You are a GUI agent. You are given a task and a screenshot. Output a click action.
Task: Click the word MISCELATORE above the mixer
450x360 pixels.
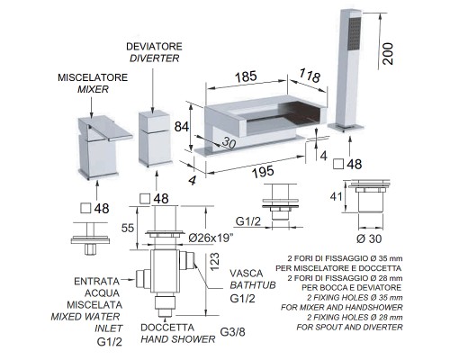(x=93, y=77)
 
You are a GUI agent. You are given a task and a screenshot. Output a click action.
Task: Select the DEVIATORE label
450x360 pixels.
(x=154, y=47)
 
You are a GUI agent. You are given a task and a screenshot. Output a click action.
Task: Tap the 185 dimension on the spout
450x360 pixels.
(x=246, y=76)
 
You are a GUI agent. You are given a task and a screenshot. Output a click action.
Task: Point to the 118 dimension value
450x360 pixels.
(x=310, y=75)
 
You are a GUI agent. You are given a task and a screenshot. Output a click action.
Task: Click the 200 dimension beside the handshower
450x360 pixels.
(x=388, y=53)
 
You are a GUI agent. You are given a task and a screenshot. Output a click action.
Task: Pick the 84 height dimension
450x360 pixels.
(x=182, y=127)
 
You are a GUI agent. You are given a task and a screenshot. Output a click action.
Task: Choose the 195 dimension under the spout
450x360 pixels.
(x=263, y=171)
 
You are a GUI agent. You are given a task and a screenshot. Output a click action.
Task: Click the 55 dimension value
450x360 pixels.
(x=128, y=228)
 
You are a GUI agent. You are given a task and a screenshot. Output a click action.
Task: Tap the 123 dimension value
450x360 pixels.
(x=215, y=262)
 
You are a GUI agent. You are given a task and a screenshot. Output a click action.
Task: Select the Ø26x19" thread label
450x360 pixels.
(x=211, y=238)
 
